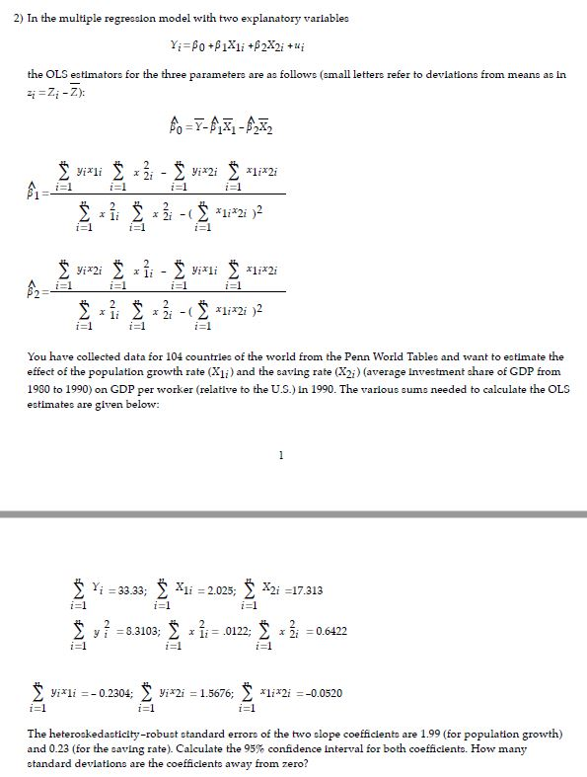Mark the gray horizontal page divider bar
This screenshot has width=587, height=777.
pyautogui.click(x=293, y=514)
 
